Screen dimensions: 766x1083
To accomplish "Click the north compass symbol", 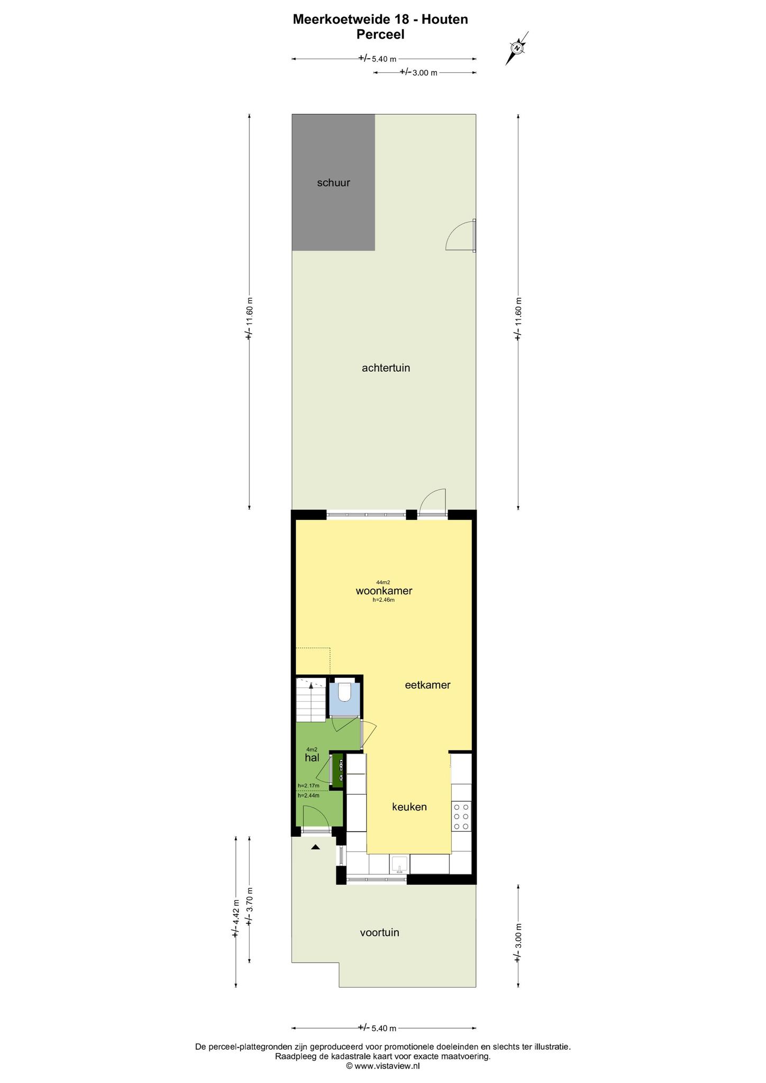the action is (517, 48).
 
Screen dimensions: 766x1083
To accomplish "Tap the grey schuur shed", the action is (333, 182).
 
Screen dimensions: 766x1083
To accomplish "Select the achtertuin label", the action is (386, 368).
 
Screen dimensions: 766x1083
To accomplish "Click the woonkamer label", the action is (384, 591).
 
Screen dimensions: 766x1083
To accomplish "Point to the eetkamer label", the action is (427, 685).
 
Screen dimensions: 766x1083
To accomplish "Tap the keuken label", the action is (409, 807).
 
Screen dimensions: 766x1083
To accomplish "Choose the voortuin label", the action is (379, 932).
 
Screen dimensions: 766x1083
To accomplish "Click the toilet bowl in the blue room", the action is (344, 692).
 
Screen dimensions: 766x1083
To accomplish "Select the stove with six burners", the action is (461, 816).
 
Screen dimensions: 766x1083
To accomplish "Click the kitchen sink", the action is (399, 864).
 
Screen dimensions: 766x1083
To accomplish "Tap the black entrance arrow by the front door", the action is (315, 847).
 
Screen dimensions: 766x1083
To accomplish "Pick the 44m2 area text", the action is (383, 582).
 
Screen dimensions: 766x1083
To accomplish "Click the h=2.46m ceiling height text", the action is (384, 600).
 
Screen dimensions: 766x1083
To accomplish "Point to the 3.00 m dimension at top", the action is (418, 72).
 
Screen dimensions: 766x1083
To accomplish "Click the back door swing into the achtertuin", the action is (432, 500).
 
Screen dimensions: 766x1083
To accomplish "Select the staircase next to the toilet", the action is (311, 699).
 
